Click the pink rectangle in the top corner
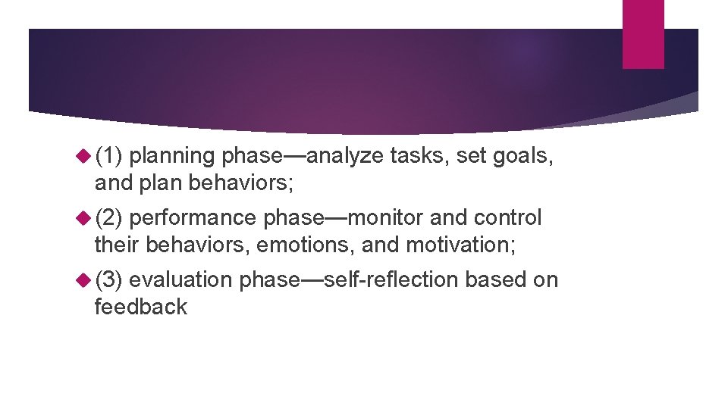[643, 34]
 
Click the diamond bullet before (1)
[84, 156]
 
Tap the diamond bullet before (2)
[84, 218]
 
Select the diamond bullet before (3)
[84, 280]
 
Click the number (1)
[110, 156]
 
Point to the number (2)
[110, 218]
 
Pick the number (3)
[110, 280]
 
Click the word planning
[173, 156]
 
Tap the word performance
[193, 218]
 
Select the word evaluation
[180, 280]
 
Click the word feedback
[140, 307]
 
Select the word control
[508, 218]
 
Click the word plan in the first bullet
[161, 183]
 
